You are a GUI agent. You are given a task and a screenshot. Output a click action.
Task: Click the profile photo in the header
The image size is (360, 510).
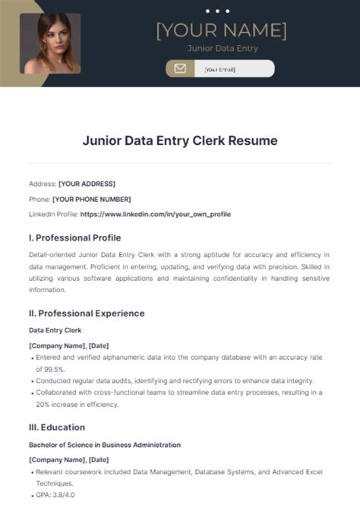tap(50, 43)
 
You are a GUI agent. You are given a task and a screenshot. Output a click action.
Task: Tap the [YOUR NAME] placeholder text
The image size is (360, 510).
tap(222, 31)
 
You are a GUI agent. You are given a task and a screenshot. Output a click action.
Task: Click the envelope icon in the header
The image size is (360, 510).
tap(180, 69)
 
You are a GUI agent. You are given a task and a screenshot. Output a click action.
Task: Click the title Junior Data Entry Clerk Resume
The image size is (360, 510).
tap(180, 140)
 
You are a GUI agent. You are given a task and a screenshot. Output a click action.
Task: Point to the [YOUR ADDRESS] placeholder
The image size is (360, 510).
tap(87, 184)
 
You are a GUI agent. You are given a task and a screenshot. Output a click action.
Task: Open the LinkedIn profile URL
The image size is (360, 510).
tap(155, 215)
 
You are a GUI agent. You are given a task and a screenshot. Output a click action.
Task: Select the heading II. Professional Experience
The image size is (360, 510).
tap(87, 313)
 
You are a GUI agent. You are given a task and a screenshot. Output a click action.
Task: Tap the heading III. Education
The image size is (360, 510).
tap(58, 427)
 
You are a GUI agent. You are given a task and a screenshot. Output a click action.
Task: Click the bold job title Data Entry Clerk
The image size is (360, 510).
tap(55, 331)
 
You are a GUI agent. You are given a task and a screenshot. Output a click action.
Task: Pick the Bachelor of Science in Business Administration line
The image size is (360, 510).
tap(105, 445)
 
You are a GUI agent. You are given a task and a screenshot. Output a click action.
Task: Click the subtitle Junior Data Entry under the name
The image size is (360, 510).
tap(223, 49)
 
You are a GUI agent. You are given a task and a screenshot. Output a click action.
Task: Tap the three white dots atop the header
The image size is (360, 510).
tap(217, 11)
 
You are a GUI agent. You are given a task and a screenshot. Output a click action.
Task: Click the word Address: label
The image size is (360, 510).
tap(42, 184)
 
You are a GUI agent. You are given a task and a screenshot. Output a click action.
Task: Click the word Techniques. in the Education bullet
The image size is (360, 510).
tap(54, 483)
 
